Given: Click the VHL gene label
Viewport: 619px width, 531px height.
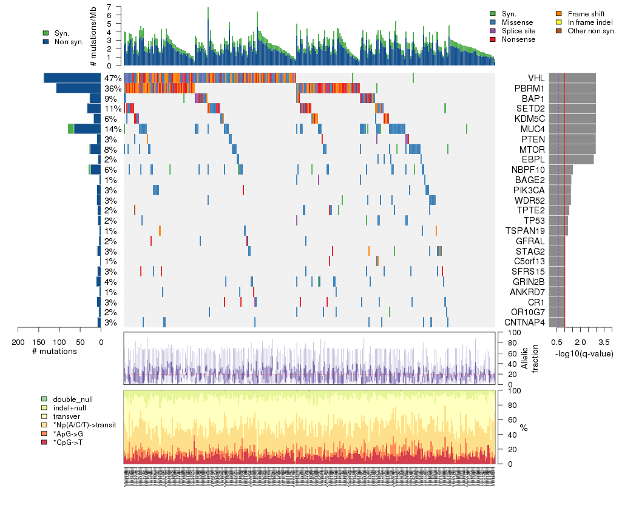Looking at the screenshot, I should click(536, 78).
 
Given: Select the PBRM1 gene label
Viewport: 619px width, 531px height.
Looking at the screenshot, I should click(531, 88).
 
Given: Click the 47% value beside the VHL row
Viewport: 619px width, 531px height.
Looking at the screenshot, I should click(113, 78).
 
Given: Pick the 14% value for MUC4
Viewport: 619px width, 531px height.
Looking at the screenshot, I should click(113, 129).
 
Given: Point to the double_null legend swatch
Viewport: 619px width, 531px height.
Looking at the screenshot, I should click(44, 399).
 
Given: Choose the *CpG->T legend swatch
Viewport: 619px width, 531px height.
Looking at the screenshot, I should click(44, 442).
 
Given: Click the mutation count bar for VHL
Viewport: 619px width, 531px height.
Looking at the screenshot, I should click(72, 78).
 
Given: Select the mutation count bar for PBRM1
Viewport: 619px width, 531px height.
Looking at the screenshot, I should click(78, 88).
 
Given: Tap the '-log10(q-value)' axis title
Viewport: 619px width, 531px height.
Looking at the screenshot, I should click(583, 353).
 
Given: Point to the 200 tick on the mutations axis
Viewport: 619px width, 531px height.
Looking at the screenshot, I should click(18, 342).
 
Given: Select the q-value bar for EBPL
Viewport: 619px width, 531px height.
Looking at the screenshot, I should click(571, 159).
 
